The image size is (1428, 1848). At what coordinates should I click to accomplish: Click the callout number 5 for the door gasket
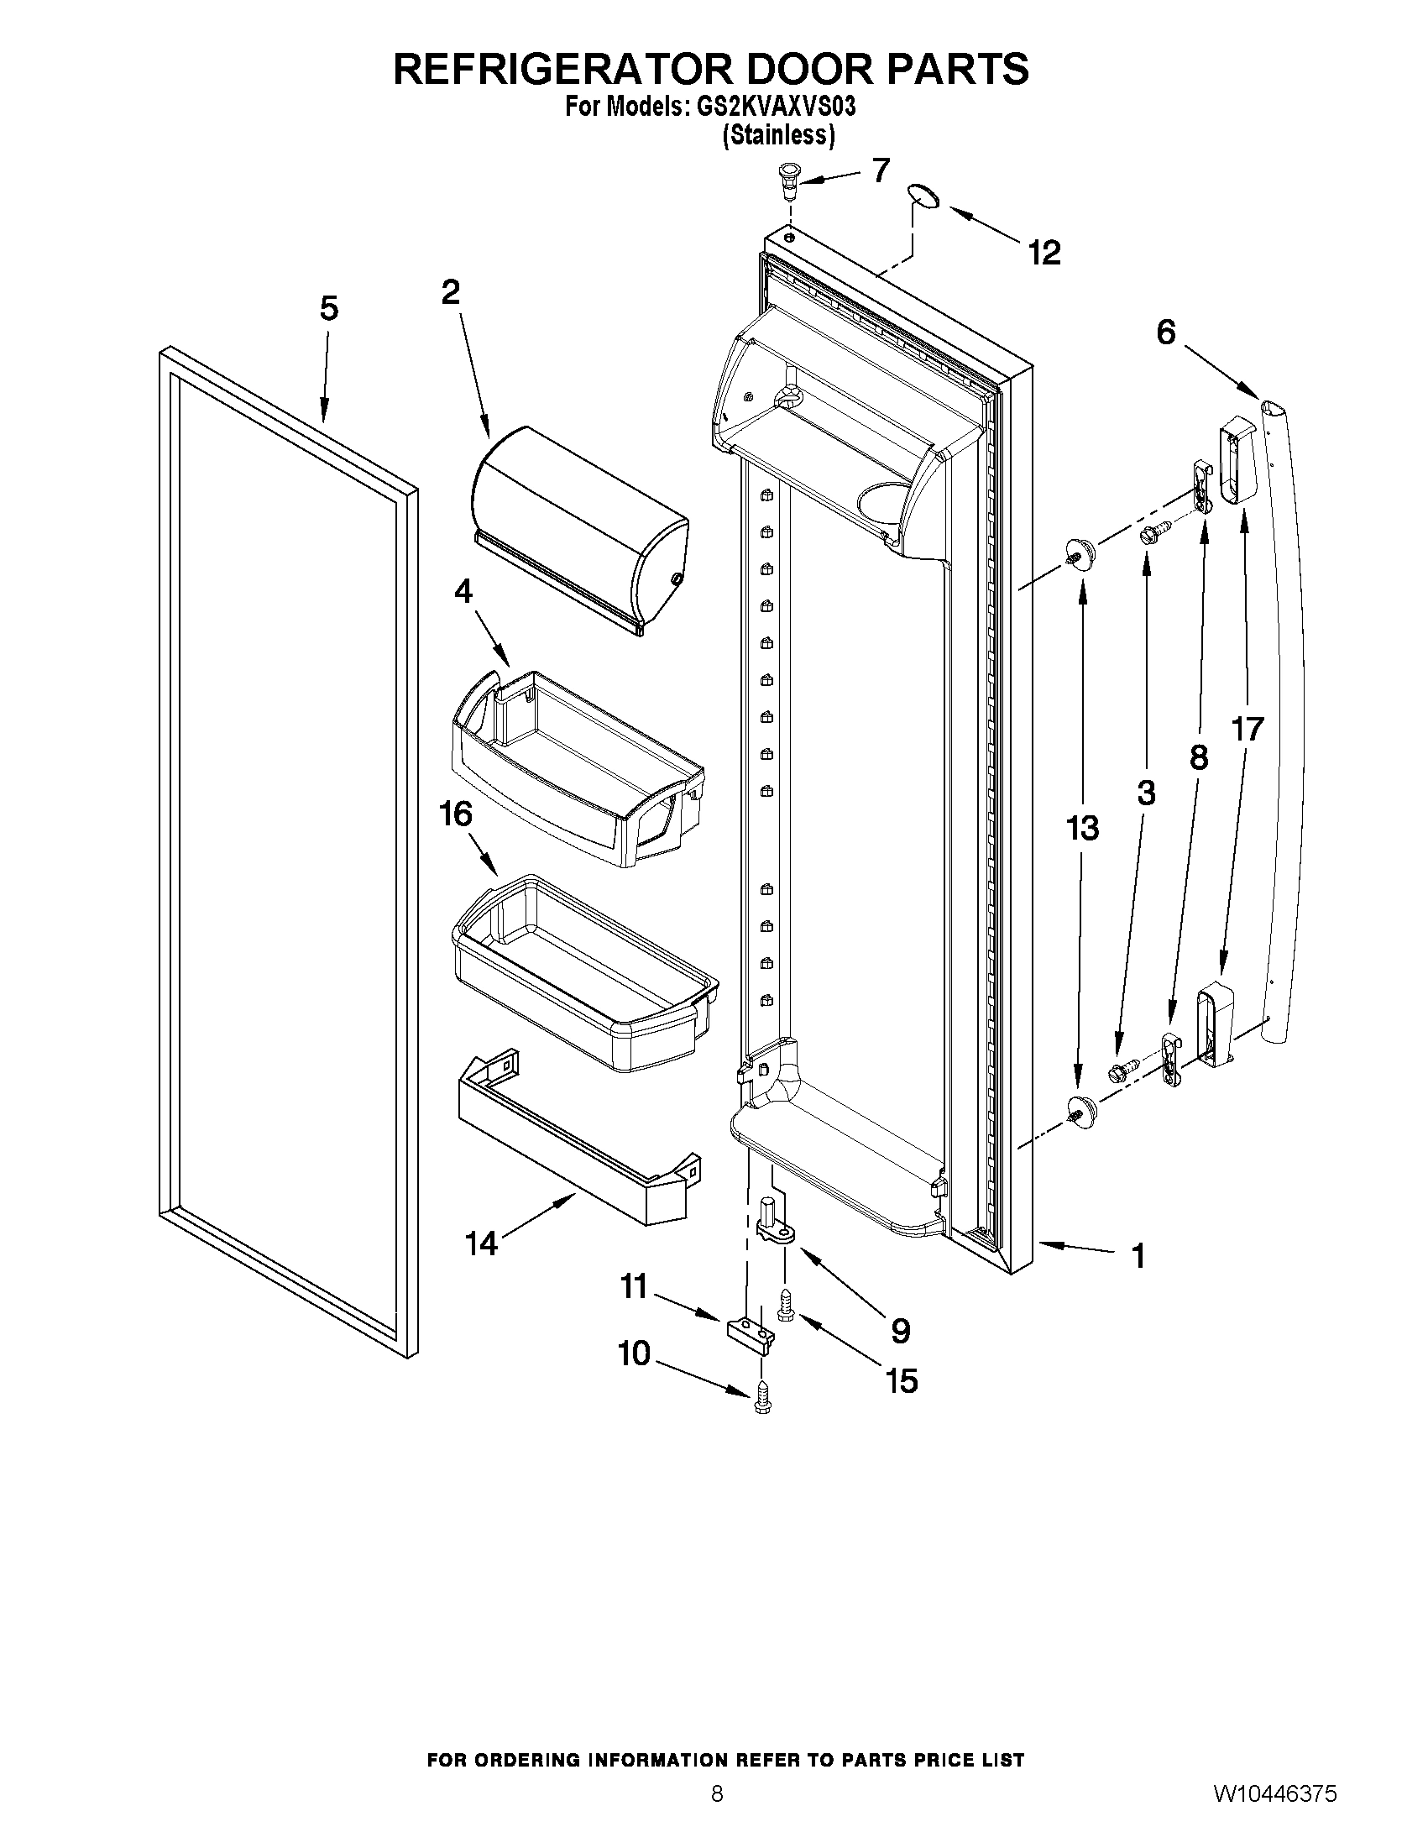pyautogui.click(x=329, y=309)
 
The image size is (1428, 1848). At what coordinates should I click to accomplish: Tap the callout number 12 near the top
pyautogui.click(x=1044, y=252)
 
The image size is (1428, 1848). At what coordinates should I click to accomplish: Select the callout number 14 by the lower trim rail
pyautogui.click(x=480, y=1243)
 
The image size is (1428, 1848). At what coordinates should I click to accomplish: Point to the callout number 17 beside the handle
pyautogui.click(x=1248, y=730)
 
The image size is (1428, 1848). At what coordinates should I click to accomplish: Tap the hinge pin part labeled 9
pyautogui.click(x=774, y=1227)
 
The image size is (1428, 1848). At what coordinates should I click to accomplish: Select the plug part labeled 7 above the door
pyautogui.click(x=788, y=179)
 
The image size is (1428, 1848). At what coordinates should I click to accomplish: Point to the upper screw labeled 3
pyautogui.click(x=1156, y=533)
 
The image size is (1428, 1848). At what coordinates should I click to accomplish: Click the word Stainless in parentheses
pyautogui.click(x=778, y=135)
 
